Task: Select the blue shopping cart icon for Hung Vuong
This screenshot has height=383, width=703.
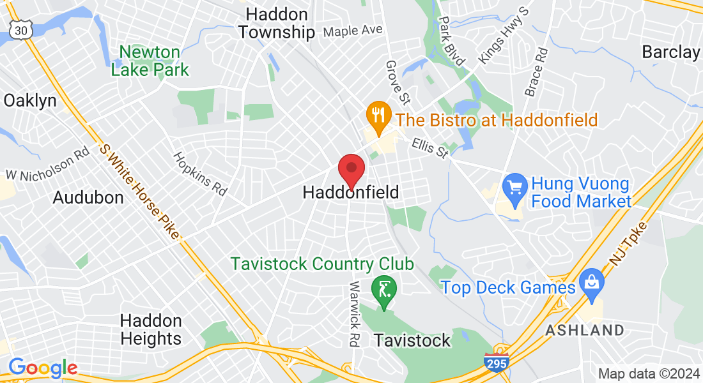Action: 514,187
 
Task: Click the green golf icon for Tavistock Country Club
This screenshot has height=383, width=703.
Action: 383,290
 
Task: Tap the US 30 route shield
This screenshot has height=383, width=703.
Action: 20,29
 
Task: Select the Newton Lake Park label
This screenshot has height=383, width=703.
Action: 150,61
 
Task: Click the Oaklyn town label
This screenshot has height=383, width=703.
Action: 30,101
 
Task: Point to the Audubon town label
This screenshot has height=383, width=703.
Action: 88,197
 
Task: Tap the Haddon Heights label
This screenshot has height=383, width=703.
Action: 151,329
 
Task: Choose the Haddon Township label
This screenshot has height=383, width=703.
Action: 277,23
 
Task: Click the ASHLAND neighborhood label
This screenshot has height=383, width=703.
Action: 584,330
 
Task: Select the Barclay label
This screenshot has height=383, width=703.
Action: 670,52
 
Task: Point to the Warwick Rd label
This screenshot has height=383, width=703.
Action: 353,313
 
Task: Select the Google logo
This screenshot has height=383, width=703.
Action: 43,368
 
